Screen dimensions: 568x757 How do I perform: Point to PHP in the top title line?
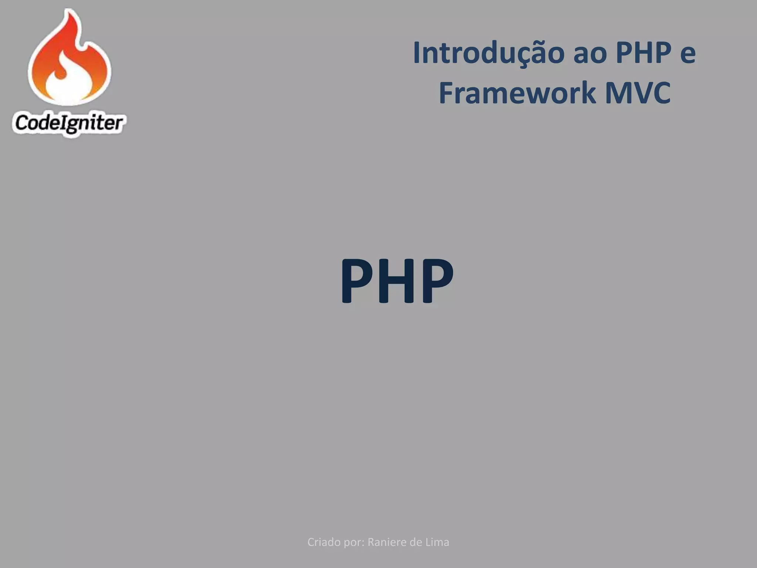(644, 53)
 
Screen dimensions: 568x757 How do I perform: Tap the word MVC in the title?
(638, 93)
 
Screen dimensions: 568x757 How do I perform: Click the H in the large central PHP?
(397, 281)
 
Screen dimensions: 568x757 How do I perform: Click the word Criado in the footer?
(324, 542)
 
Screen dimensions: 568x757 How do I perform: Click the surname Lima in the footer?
(439, 542)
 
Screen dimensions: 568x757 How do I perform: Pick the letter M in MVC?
(619, 93)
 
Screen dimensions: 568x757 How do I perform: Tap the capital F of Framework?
(446, 93)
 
